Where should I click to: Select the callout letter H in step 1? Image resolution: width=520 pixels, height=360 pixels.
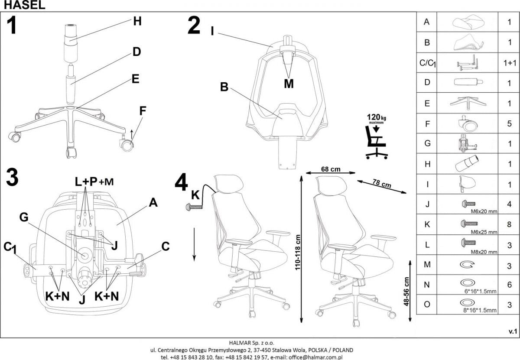137,21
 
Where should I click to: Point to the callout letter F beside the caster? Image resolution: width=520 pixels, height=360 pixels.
143,110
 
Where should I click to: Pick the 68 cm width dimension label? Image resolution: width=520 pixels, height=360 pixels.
330,169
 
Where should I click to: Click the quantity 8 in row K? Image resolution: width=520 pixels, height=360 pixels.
509,224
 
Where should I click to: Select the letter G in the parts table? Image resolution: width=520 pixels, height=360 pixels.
427,143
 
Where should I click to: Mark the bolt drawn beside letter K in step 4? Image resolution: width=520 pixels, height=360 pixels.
194,208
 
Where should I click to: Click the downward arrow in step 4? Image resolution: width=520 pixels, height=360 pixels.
194,244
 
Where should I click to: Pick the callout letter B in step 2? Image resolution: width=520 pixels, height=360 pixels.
224,87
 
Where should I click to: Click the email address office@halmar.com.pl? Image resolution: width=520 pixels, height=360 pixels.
315,357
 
